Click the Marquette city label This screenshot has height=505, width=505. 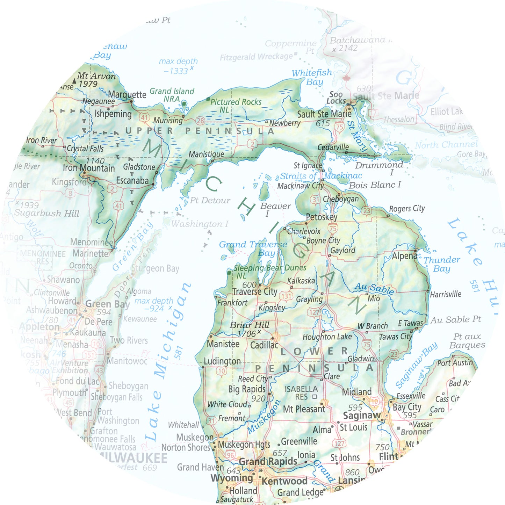(127, 95)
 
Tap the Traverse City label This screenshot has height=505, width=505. (255, 291)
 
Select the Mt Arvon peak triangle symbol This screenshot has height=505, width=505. (74, 81)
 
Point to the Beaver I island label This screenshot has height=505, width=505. (275, 209)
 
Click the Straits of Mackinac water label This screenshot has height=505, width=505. (321, 176)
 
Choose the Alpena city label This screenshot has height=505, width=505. (404, 256)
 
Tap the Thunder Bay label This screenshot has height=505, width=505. (442, 264)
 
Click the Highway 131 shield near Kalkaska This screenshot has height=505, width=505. (286, 296)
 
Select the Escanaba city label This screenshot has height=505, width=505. (132, 181)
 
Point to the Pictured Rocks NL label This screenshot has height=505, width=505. (236, 105)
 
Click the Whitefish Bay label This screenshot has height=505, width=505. (312, 77)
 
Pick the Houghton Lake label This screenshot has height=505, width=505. (327, 337)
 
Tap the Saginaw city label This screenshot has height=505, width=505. (362, 416)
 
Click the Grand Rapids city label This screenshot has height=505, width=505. (268, 462)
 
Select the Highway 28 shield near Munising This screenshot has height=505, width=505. (200, 121)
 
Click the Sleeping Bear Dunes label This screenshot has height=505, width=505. (270, 268)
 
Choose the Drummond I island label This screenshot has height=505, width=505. (380, 168)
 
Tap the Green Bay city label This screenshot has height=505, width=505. (107, 304)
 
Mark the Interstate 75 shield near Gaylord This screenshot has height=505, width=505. (333, 229)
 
